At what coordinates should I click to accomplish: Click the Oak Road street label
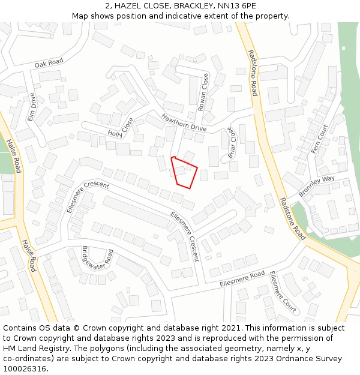pyautogui.click(x=49, y=63)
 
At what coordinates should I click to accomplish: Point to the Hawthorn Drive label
pyautogui.click(x=184, y=123)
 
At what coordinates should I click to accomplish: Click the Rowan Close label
pyautogui.click(x=204, y=91)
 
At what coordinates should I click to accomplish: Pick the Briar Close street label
pyautogui.click(x=228, y=142)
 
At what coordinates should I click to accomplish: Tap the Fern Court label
pyautogui.click(x=320, y=139)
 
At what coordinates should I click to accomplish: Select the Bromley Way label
pyautogui.click(x=316, y=187)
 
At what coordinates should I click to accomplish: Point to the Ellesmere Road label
pyautogui.click(x=242, y=278)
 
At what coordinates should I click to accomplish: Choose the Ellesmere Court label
pyautogui.click(x=283, y=292)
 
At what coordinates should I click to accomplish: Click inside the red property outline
pyautogui.click(x=184, y=172)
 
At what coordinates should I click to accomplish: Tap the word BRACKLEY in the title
pyautogui.click(x=194, y=5)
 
